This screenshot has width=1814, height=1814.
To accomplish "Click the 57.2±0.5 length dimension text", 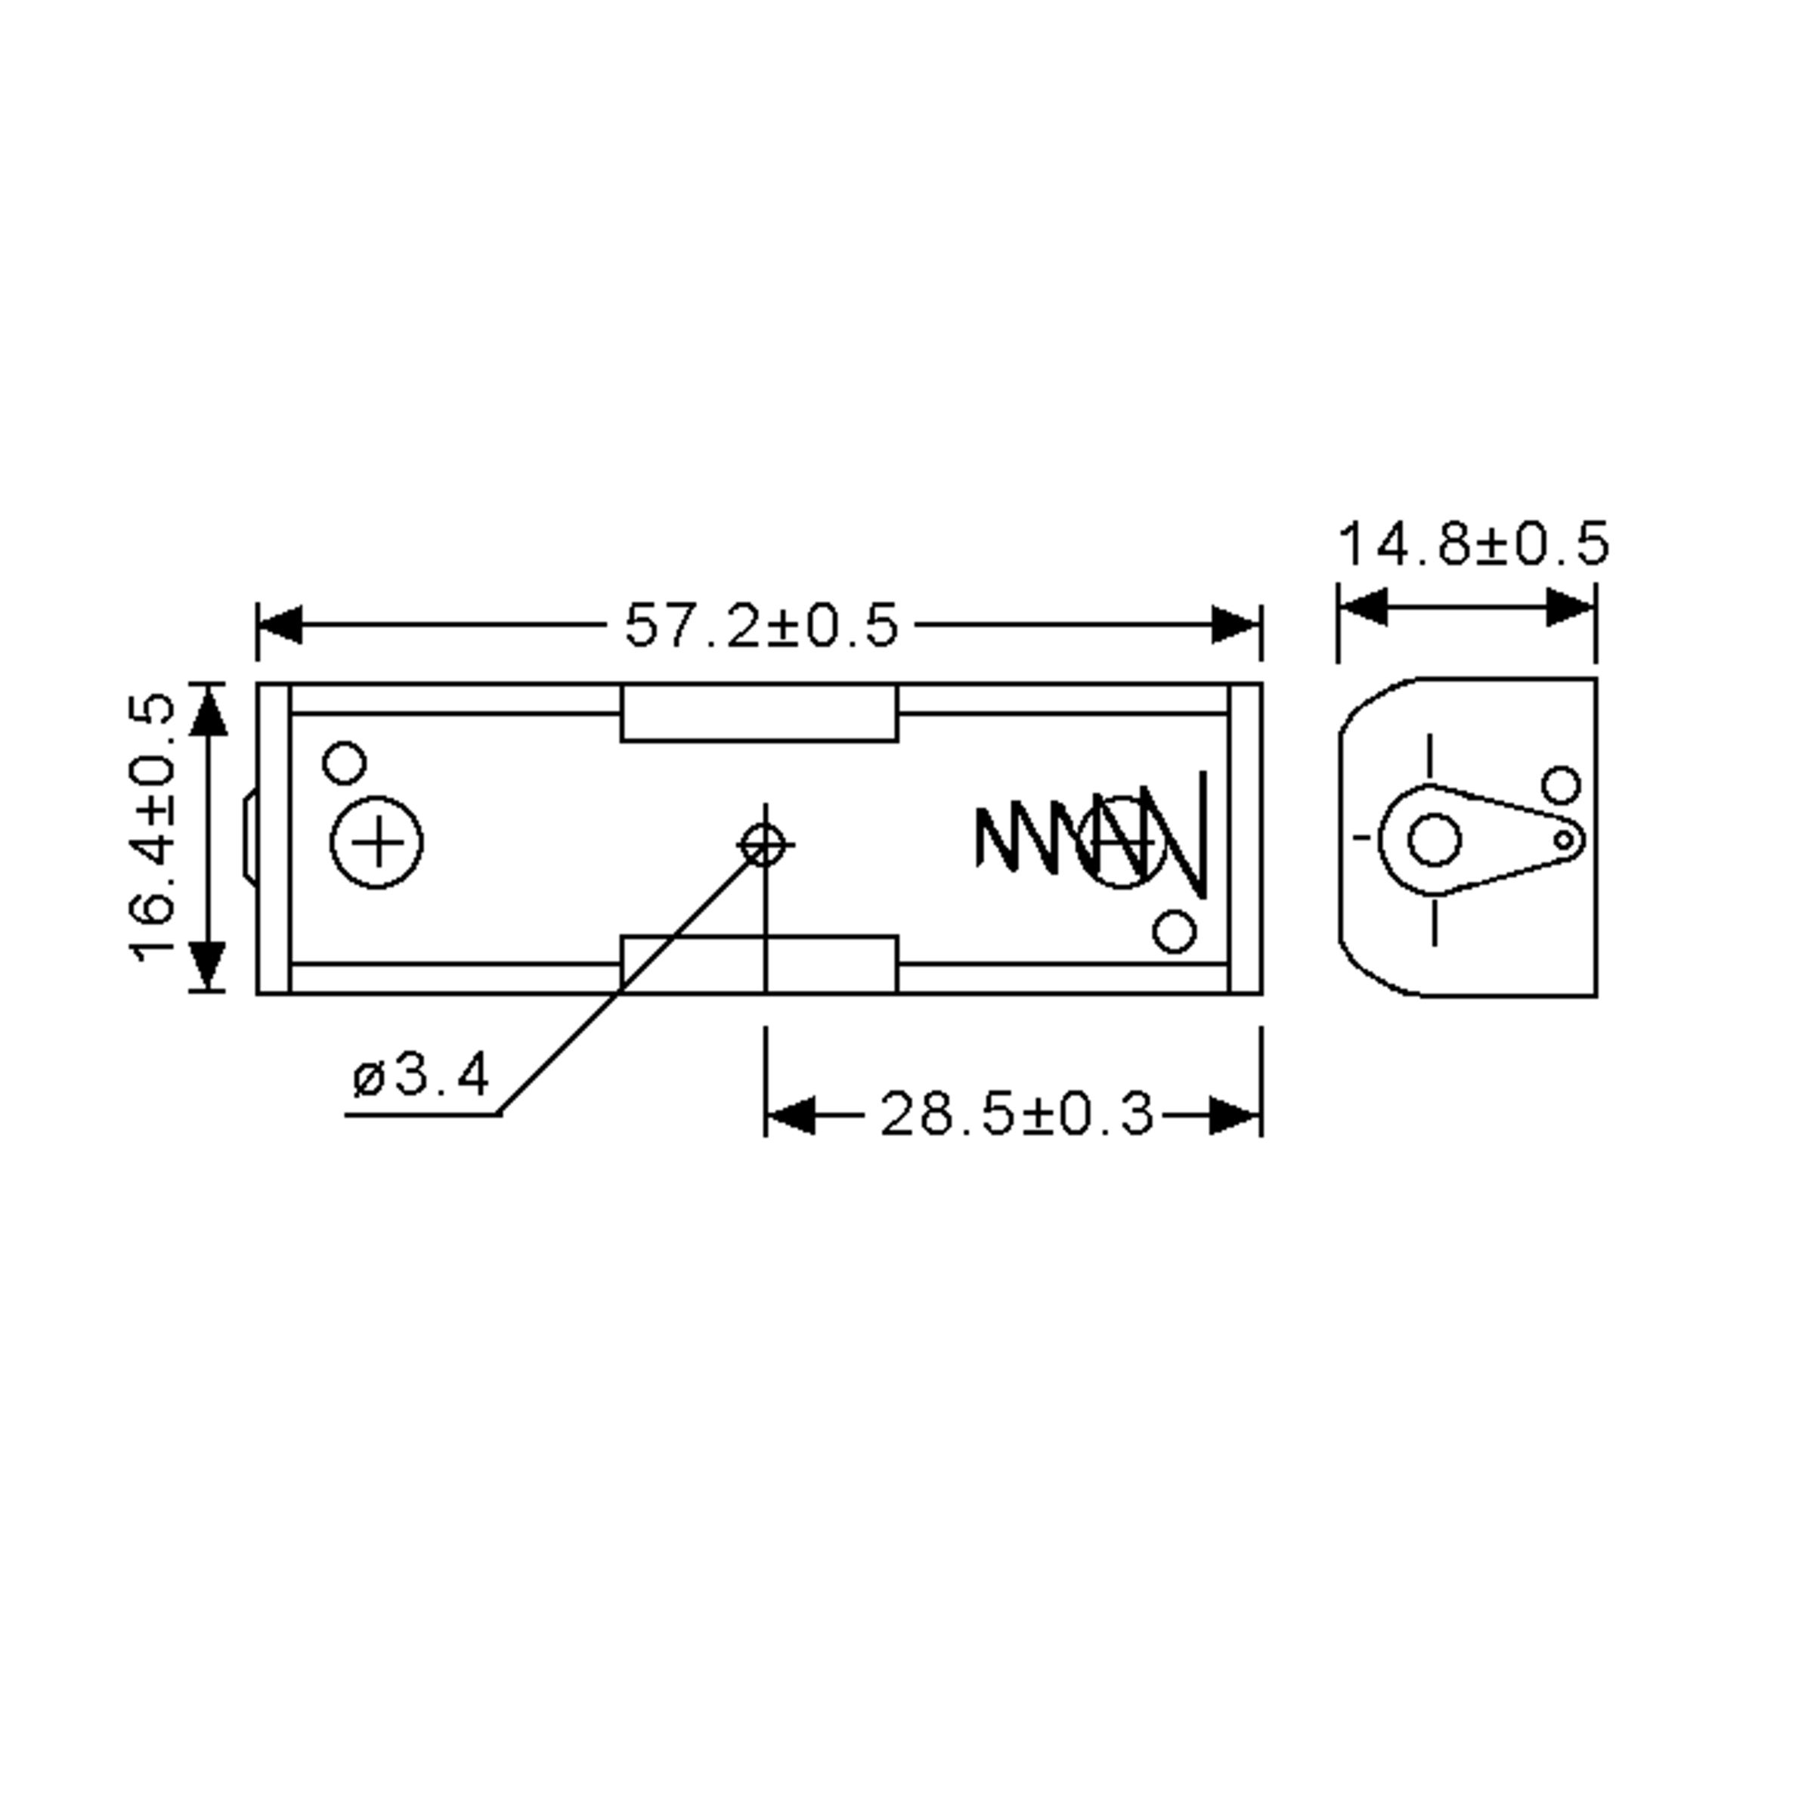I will pyautogui.click(x=760, y=625).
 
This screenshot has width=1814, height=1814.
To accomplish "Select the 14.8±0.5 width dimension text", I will pyautogui.click(x=1473, y=544).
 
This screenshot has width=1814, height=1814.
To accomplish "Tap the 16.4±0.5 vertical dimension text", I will pyautogui.click(x=152, y=827).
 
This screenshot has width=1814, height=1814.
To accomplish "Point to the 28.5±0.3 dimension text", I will pyautogui.click(x=1016, y=1115).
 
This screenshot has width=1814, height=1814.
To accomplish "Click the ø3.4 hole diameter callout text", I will pyautogui.click(x=421, y=1075).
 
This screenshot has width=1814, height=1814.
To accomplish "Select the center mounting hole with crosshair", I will pyautogui.click(x=763, y=845).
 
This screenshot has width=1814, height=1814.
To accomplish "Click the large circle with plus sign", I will pyautogui.click(x=376, y=842).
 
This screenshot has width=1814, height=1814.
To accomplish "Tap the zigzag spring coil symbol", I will pyautogui.click(x=1089, y=836).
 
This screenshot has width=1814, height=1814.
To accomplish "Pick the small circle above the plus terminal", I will pyautogui.click(x=344, y=763).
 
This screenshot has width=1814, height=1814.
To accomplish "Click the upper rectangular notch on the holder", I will pyautogui.click(x=759, y=713).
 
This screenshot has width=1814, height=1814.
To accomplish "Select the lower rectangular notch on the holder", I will pyautogui.click(x=759, y=964).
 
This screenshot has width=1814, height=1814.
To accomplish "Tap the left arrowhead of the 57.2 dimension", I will pyautogui.click(x=280, y=625).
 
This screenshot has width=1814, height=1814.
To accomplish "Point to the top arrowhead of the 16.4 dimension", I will pyautogui.click(x=209, y=710).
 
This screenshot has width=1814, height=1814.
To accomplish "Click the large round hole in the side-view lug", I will pyautogui.click(x=1435, y=840).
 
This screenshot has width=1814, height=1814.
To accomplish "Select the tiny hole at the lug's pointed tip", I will pyautogui.click(x=1563, y=840).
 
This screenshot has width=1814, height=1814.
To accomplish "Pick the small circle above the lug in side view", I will pyautogui.click(x=1562, y=785).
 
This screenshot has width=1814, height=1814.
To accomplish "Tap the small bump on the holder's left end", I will pyautogui.click(x=249, y=836).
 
